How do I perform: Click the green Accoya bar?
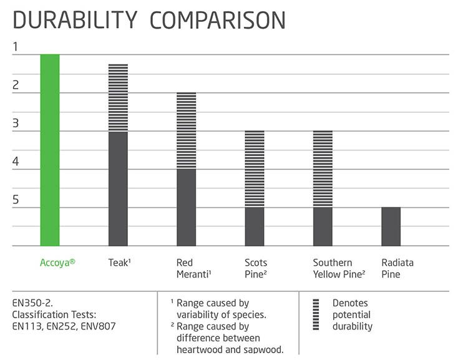pyautogui.click(x=50, y=150)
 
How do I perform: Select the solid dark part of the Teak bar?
pyautogui.click(x=118, y=188)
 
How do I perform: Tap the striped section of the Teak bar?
pyautogui.click(x=118, y=97)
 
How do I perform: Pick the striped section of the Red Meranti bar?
pyautogui.click(x=186, y=130)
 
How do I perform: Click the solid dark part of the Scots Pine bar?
pyautogui.click(x=254, y=226)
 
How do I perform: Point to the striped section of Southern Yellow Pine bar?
pyautogui.click(x=322, y=168)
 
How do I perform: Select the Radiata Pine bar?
pyautogui.click(x=391, y=226)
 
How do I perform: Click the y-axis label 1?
pyautogui.click(x=16, y=47)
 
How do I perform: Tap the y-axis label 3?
pyautogui.click(x=16, y=124)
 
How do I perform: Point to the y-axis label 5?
pyautogui.click(x=16, y=200)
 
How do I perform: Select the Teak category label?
pyautogui.click(x=118, y=263)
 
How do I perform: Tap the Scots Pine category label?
pyautogui.click(x=255, y=268)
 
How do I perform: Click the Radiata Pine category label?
pyautogui.click(x=397, y=268)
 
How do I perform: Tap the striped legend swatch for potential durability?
pyautogui.click(x=316, y=314)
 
